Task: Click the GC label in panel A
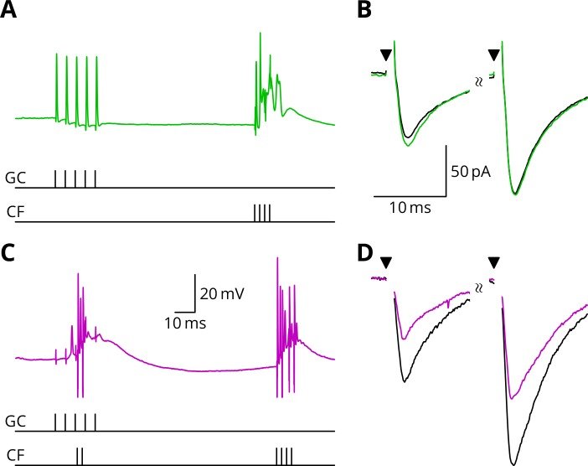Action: (16, 179)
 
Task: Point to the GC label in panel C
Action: (16, 422)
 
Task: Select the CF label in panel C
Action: (15, 455)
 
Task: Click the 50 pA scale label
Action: (470, 173)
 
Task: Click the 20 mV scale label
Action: (219, 293)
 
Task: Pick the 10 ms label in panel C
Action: (186, 322)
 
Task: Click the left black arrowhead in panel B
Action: (385, 55)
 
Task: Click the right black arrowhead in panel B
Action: (493, 55)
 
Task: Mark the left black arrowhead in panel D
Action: (385, 262)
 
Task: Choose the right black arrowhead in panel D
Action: (493, 262)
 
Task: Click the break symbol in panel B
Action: (478, 82)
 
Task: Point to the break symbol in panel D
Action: (478, 287)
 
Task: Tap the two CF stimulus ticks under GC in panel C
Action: (80, 455)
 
